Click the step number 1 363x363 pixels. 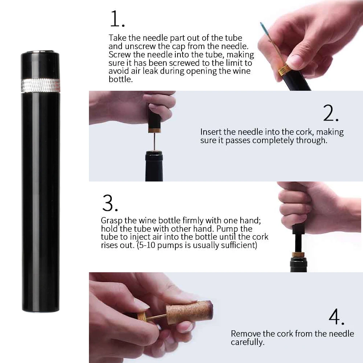(117, 19)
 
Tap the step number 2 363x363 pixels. (331, 113)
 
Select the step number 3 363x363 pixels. (110, 203)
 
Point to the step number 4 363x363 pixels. (337, 317)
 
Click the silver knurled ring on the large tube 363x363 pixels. (41, 85)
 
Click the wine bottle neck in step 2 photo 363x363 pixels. (154, 166)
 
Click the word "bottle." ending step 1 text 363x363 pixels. (121, 79)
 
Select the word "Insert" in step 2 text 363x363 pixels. (211, 132)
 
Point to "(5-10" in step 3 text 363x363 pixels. (146, 245)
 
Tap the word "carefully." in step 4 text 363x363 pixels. (248, 342)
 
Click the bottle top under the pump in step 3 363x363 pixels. (298, 264)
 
